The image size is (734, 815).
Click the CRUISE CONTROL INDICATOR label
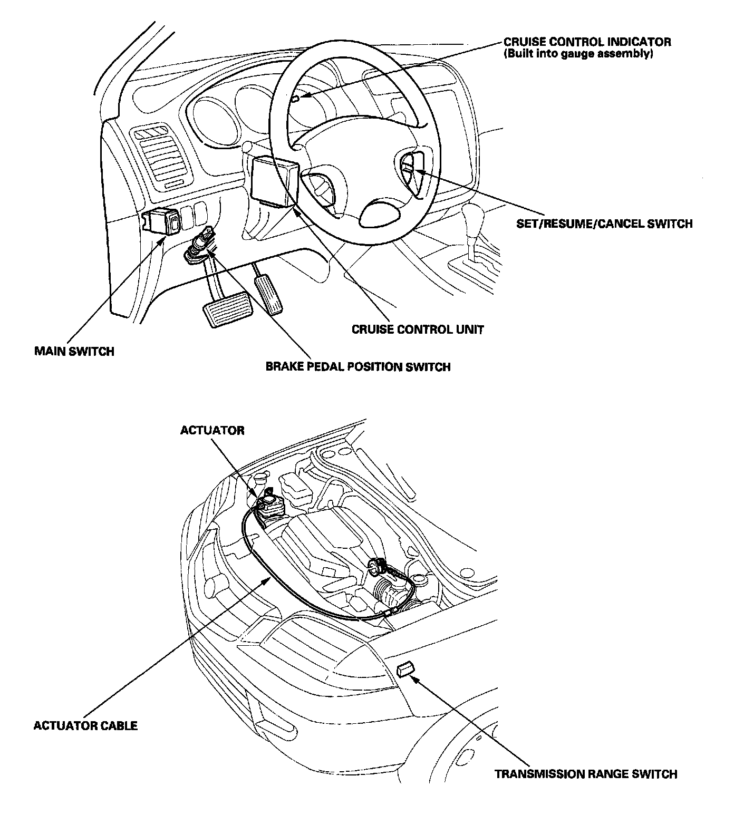pyautogui.click(x=587, y=42)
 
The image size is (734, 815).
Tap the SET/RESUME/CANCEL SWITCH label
pyautogui.click(x=604, y=224)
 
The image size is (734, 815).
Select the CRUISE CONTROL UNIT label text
pyautogui.click(x=418, y=329)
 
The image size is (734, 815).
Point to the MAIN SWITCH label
pyautogui.click(x=74, y=351)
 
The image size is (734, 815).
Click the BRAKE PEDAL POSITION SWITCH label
pyautogui.click(x=358, y=366)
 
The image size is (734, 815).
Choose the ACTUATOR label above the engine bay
pyautogui.click(x=212, y=430)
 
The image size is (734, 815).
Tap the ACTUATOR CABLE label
pyautogui.click(x=85, y=725)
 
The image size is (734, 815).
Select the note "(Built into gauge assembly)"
pyautogui.click(x=578, y=54)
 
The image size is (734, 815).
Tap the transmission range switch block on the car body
pyautogui.click(x=404, y=670)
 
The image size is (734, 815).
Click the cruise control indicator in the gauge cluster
pyautogui.click(x=296, y=98)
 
